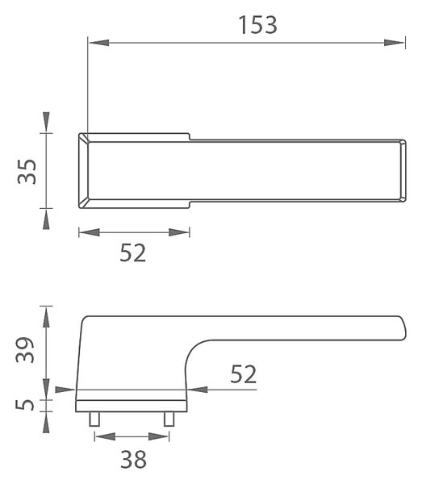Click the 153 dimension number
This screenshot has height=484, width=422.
coord(258,25)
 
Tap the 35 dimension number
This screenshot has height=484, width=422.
coord(27,172)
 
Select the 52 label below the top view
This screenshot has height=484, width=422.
coord(133,252)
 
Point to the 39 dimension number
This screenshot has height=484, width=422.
coord(25,350)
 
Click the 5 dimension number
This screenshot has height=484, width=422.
coord(25,405)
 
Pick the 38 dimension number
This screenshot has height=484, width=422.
coord(133,459)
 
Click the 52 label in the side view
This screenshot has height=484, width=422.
coord(244,373)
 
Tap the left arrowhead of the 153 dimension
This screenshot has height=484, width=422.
coord(98,43)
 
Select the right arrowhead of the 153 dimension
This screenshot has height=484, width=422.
coord(395,43)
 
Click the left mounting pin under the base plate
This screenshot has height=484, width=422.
coord(94,419)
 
